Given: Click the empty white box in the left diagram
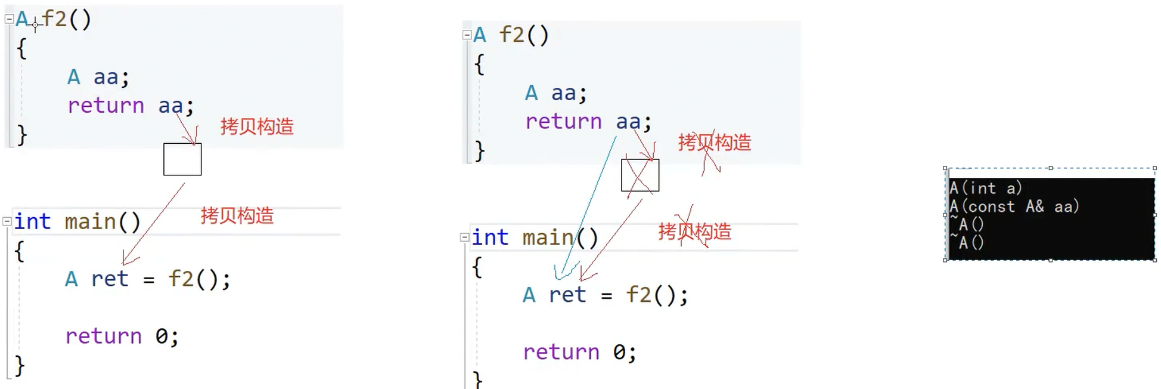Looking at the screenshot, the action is [x=182, y=159].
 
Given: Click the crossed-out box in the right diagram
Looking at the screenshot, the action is [x=640, y=175].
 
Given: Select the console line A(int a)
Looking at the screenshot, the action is [x=986, y=189].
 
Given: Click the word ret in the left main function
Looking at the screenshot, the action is [x=110, y=279].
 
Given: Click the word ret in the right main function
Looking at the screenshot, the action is [x=567, y=295].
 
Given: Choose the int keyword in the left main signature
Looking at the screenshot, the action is [x=32, y=221].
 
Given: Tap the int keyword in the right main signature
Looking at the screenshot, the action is [x=490, y=237].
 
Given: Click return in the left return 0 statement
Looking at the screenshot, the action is [x=104, y=336].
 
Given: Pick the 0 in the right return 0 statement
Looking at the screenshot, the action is [x=619, y=352].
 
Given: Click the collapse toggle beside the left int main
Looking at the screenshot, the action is [x=7, y=221].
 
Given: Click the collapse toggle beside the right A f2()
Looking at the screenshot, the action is [x=467, y=35].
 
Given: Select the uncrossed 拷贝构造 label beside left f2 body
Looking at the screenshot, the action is [x=257, y=126].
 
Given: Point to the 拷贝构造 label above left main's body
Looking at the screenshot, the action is [x=237, y=215].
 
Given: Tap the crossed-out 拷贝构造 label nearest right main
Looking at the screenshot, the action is [x=695, y=231].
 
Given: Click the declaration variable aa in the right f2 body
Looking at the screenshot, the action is [x=564, y=93].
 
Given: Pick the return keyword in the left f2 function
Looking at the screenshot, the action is [x=105, y=106].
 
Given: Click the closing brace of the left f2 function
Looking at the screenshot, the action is [x=22, y=135].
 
